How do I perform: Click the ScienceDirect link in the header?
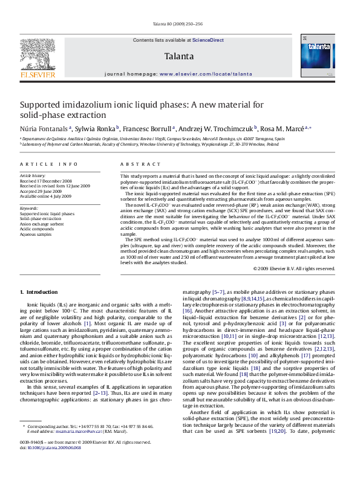click(208, 40)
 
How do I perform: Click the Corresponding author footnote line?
click(91, 443)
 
